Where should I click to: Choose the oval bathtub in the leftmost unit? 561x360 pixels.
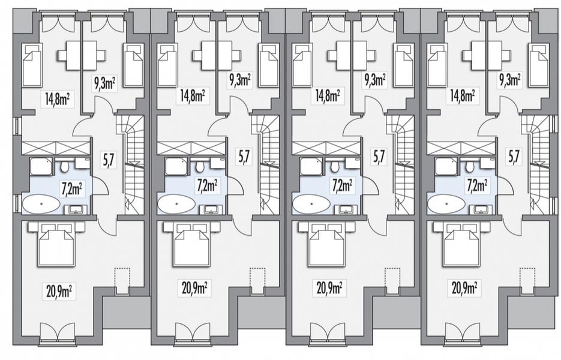(41, 205)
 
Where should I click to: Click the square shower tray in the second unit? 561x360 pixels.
(173, 166)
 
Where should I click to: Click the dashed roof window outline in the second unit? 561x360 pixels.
(257, 280)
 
